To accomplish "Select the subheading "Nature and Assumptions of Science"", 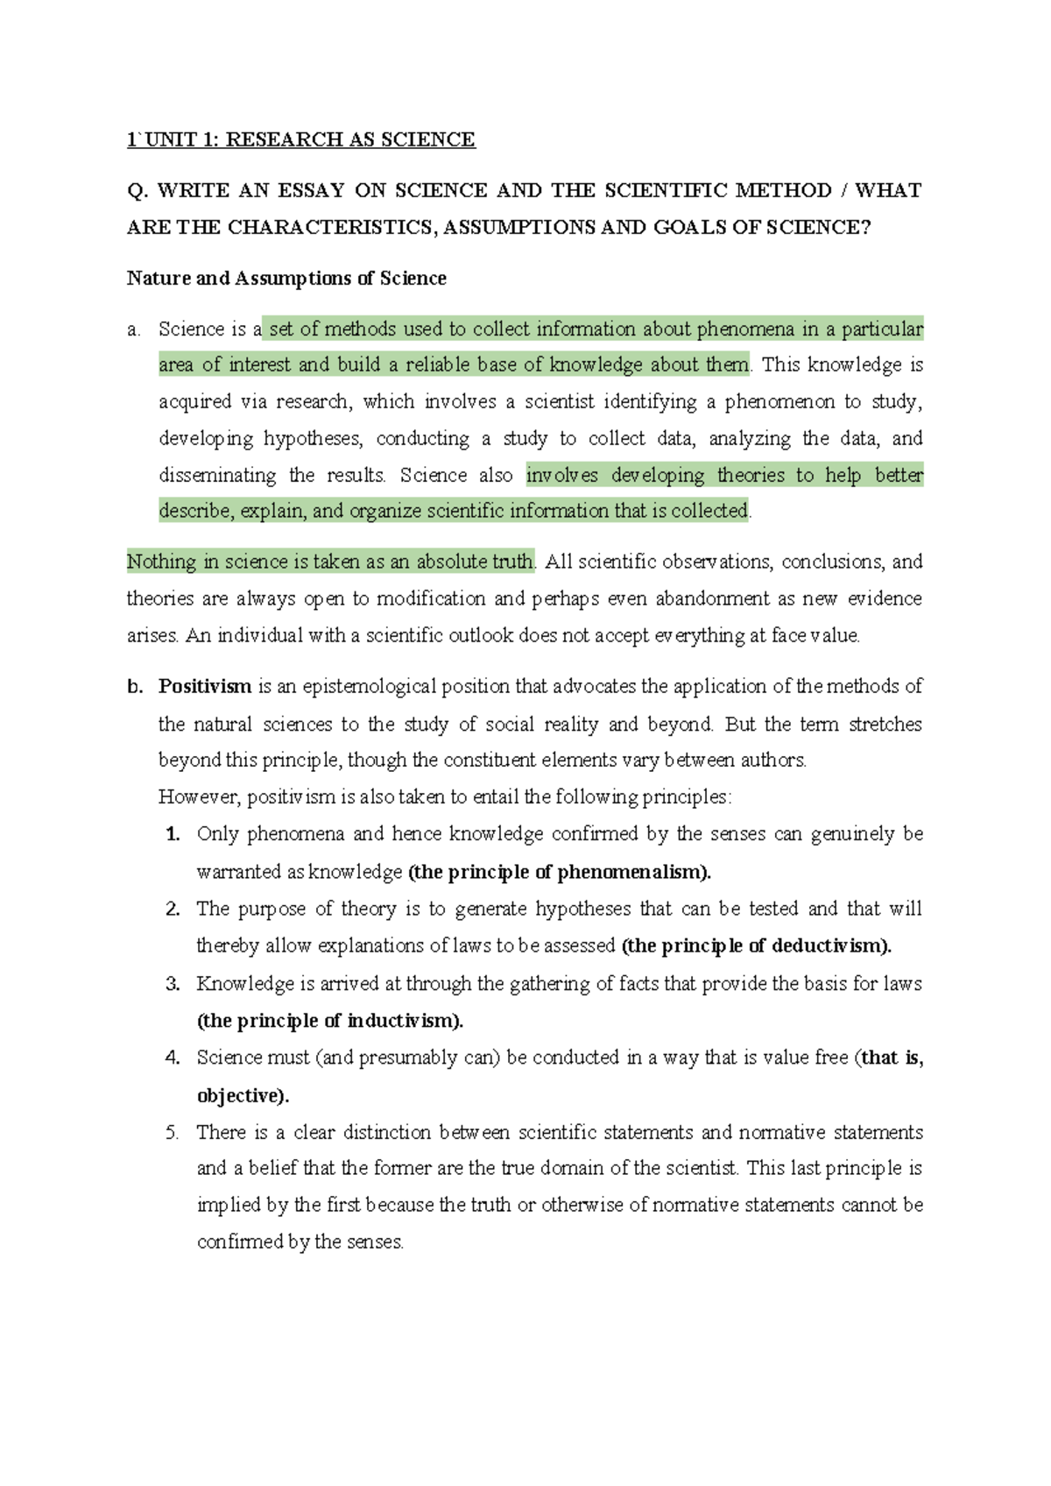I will point(286,279).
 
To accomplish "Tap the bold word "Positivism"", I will point(205,687).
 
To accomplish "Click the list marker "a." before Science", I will point(133,330).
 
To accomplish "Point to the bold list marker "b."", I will point(134,687).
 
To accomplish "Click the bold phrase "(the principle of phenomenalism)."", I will point(560,873).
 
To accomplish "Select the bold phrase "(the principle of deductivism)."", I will point(756,946).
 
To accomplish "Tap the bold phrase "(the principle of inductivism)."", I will point(330,1021).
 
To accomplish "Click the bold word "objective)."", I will point(243,1096).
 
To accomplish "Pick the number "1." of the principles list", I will point(173,834).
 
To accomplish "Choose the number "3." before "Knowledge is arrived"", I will point(173,984).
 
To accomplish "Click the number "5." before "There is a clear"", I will point(173,1133).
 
